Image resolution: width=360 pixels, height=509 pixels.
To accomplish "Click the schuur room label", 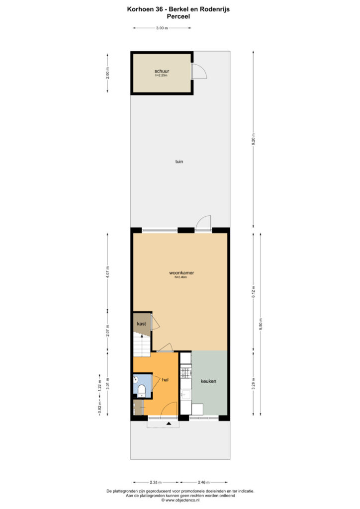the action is click(x=162, y=71).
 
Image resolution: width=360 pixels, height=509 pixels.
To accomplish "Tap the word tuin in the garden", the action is click(x=179, y=162).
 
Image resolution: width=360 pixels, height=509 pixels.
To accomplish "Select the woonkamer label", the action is click(x=181, y=273).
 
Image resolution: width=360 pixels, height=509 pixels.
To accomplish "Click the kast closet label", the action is click(x=141, y=324).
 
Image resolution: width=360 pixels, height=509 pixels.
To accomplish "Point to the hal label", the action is click(x=165, y=379).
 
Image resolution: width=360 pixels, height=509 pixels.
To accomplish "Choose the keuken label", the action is click(x=208, y=381).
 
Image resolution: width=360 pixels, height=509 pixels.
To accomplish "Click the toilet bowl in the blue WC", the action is click(x=142, y=390).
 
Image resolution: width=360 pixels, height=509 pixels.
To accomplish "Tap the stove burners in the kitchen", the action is click(x=186, y=372).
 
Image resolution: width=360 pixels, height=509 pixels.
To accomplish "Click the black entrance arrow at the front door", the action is click(x=169, y=424).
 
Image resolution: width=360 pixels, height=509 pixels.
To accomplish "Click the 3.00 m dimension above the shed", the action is click(x=162, y=28).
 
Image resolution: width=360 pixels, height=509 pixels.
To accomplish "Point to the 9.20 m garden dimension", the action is click(x=254, y=139).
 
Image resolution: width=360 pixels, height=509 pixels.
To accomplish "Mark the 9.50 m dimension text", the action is click(x=261, y=324).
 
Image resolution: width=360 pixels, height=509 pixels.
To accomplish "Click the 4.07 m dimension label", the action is click(x=108, y=272).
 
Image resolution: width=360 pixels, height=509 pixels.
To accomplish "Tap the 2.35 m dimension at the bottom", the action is click(x=156, y=482).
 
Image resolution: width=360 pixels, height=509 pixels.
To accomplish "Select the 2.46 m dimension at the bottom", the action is click(x=203, y=482).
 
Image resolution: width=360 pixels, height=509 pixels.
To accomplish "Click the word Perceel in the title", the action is click(x=178, y=16).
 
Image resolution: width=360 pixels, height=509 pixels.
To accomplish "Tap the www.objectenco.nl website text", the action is click(x=182, y=500).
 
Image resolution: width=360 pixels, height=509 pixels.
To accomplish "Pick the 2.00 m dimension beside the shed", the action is click(x=108, y=73).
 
